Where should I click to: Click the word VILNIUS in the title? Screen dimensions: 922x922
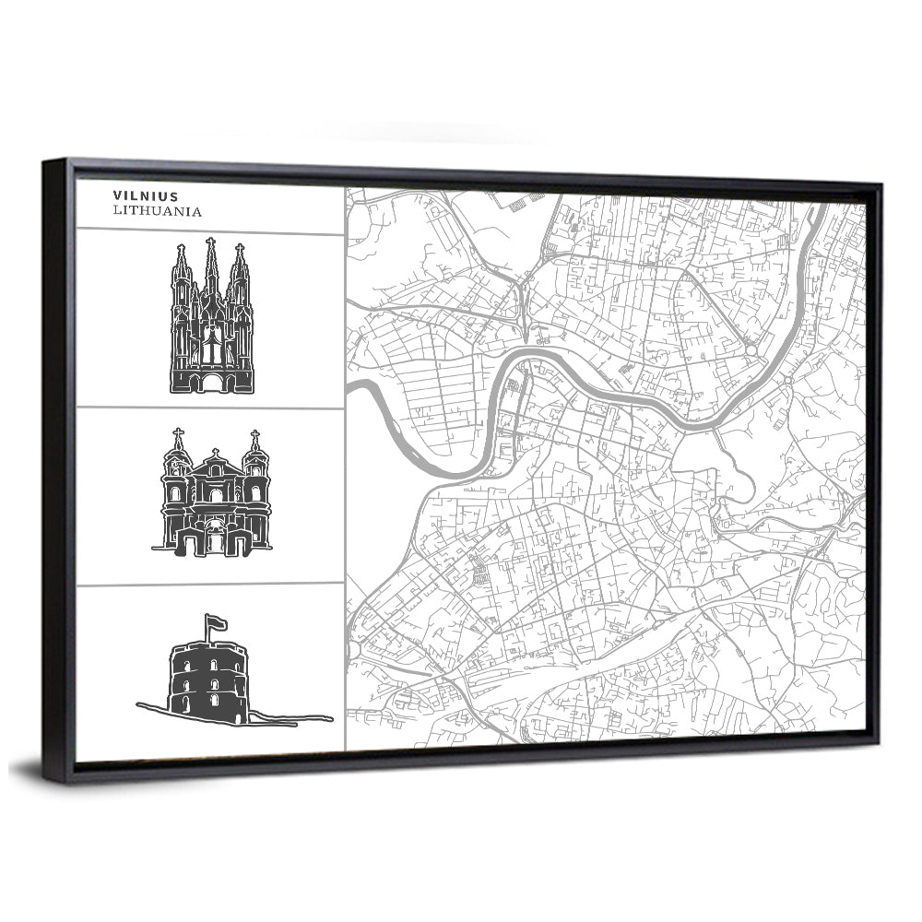tap(146, 195)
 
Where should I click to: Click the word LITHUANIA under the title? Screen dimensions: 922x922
tap(157, 210)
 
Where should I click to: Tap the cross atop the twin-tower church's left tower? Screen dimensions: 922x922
tap(178, 433)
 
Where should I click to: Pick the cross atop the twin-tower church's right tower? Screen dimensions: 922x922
tap(254, 435)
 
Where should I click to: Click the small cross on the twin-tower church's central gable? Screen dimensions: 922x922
tap(216, 453)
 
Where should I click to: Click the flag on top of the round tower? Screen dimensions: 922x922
tap(217, 622)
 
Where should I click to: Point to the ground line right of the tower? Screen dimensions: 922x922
tap(295, 717)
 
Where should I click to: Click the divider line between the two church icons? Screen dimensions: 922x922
tap(210, 408)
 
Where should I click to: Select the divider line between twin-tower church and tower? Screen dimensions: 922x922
tap(210, 585)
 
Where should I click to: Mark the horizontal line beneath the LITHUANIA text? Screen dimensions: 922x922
tap(210, 231)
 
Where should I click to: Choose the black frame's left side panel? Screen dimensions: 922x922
tap(58, 470)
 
